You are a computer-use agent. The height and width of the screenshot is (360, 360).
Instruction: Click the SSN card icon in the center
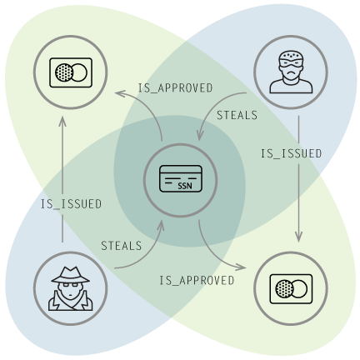[181, 178]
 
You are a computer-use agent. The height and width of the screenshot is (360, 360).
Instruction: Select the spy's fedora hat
[71, 275]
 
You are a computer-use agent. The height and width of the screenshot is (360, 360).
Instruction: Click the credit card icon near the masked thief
[291, 289]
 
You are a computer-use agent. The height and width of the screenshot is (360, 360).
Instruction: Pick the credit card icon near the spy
[71, 72]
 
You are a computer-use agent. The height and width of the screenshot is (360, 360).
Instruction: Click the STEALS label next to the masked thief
[237, 115]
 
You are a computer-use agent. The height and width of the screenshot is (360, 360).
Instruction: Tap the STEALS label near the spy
[122, 246]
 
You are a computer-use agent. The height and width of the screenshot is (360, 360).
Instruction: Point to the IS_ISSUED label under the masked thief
[291, 153]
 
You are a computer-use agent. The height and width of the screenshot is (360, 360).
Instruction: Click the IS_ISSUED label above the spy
[72, 204]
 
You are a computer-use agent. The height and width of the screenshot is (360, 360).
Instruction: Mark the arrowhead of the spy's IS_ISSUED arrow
[62, 120]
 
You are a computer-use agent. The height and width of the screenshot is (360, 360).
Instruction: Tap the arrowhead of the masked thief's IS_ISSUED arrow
[298, 238]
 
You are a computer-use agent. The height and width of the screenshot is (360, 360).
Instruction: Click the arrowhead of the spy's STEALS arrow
[161, 225]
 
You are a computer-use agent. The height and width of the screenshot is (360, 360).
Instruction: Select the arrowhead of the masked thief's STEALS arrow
[200, 136]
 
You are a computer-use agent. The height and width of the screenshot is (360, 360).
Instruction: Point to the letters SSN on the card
[185, 186]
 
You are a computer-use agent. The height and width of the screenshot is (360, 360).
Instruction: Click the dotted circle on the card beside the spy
[64, 72]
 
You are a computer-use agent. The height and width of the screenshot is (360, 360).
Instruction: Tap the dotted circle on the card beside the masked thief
[284, 289]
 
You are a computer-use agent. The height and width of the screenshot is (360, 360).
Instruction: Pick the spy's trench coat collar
[71, 301]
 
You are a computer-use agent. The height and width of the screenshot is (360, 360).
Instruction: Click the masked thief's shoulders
[291, 86]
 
